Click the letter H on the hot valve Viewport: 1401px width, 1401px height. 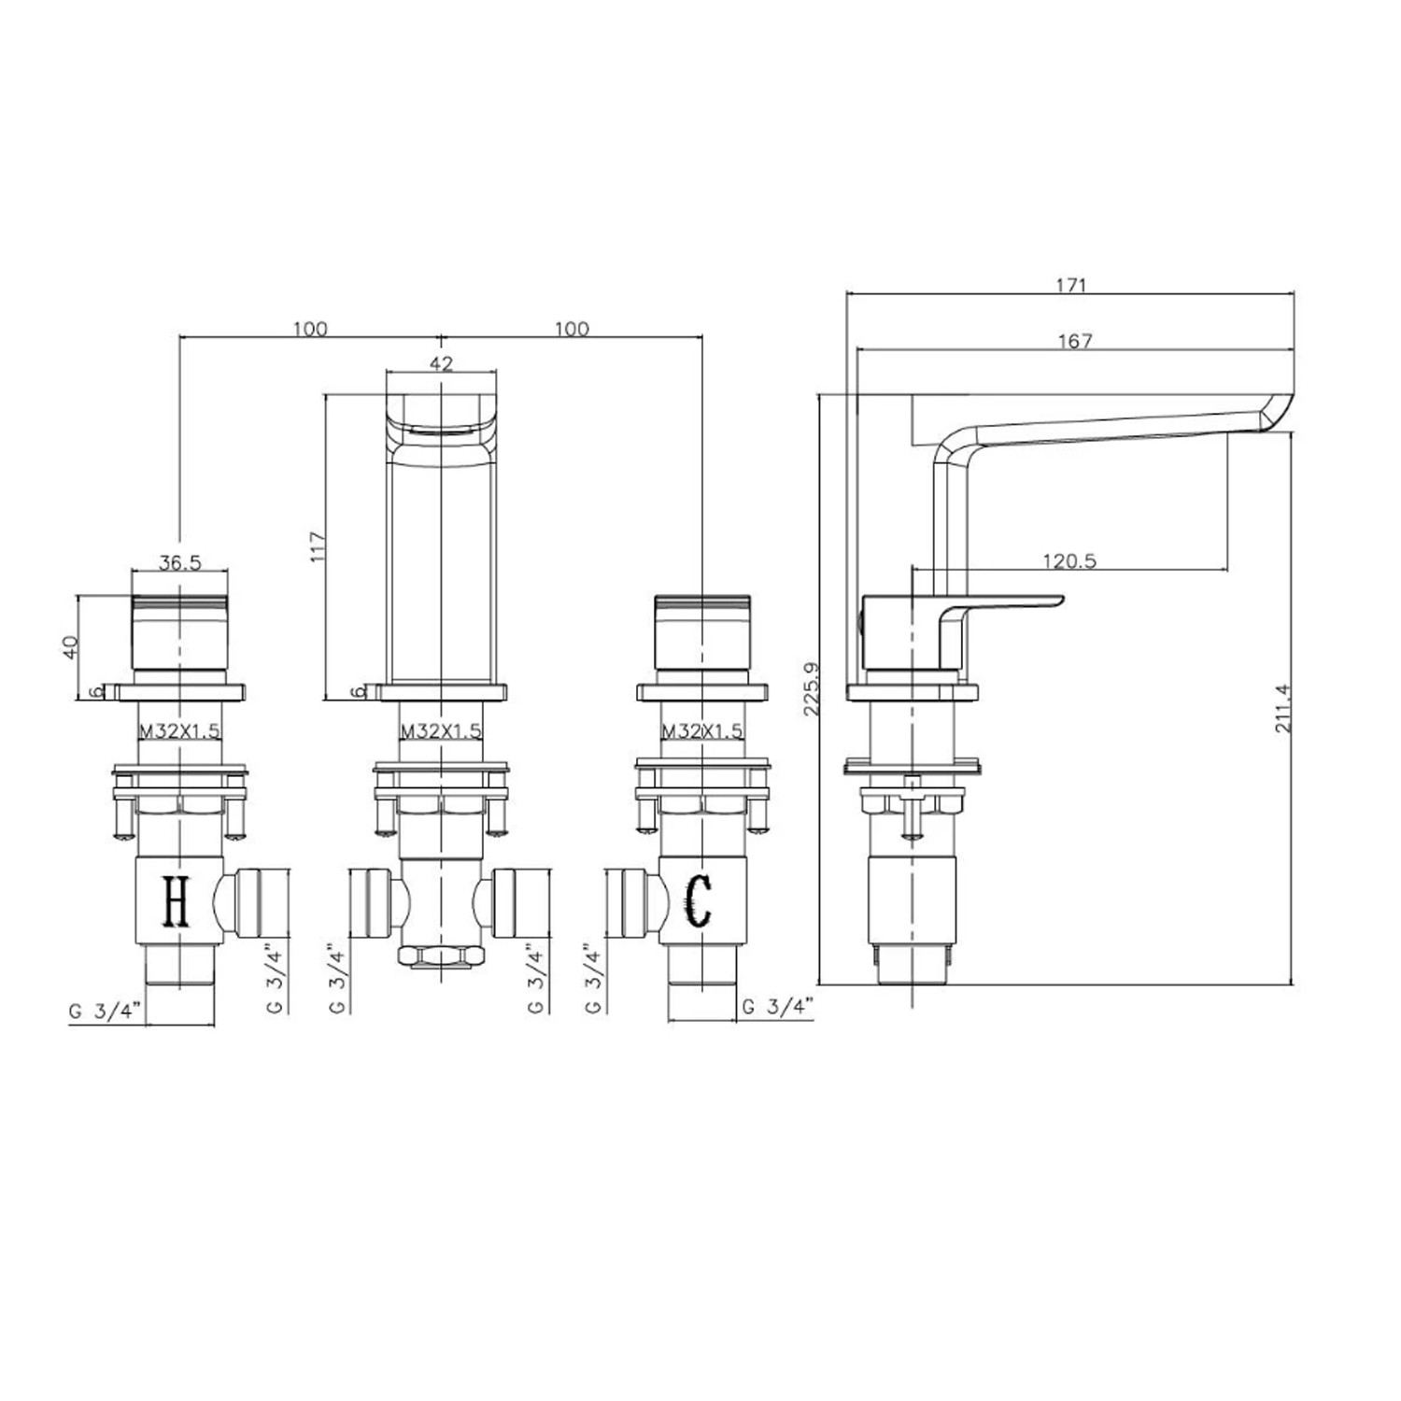coord(177,901)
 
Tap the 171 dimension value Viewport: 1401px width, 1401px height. coord(1071,286)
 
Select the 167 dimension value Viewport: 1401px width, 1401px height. coord(1076,342)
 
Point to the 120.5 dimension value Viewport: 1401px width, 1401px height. coord(1069,560)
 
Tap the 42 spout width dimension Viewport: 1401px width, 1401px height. coord(442,363)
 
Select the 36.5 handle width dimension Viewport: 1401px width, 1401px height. coord(180,562)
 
